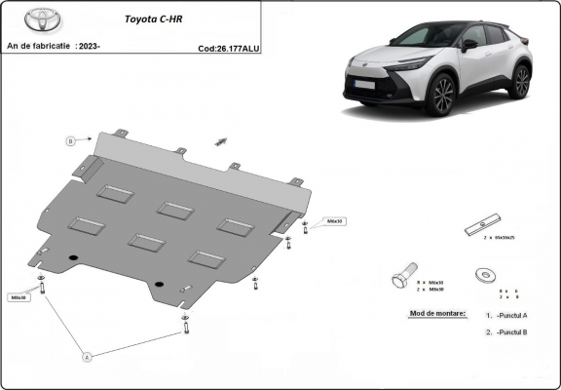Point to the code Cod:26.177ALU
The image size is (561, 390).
pos(228,46)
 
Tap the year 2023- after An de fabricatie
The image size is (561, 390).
pos(90,46)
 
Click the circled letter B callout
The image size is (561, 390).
pos(70,141)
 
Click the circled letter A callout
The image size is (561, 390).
pos(86,357)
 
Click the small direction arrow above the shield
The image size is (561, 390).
pos(221,141)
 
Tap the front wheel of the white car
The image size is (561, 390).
pos(442,96)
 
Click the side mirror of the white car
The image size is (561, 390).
pos(469,44)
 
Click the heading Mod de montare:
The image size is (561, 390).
pos(431,313)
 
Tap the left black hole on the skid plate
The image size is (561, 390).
pos(73,257)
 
